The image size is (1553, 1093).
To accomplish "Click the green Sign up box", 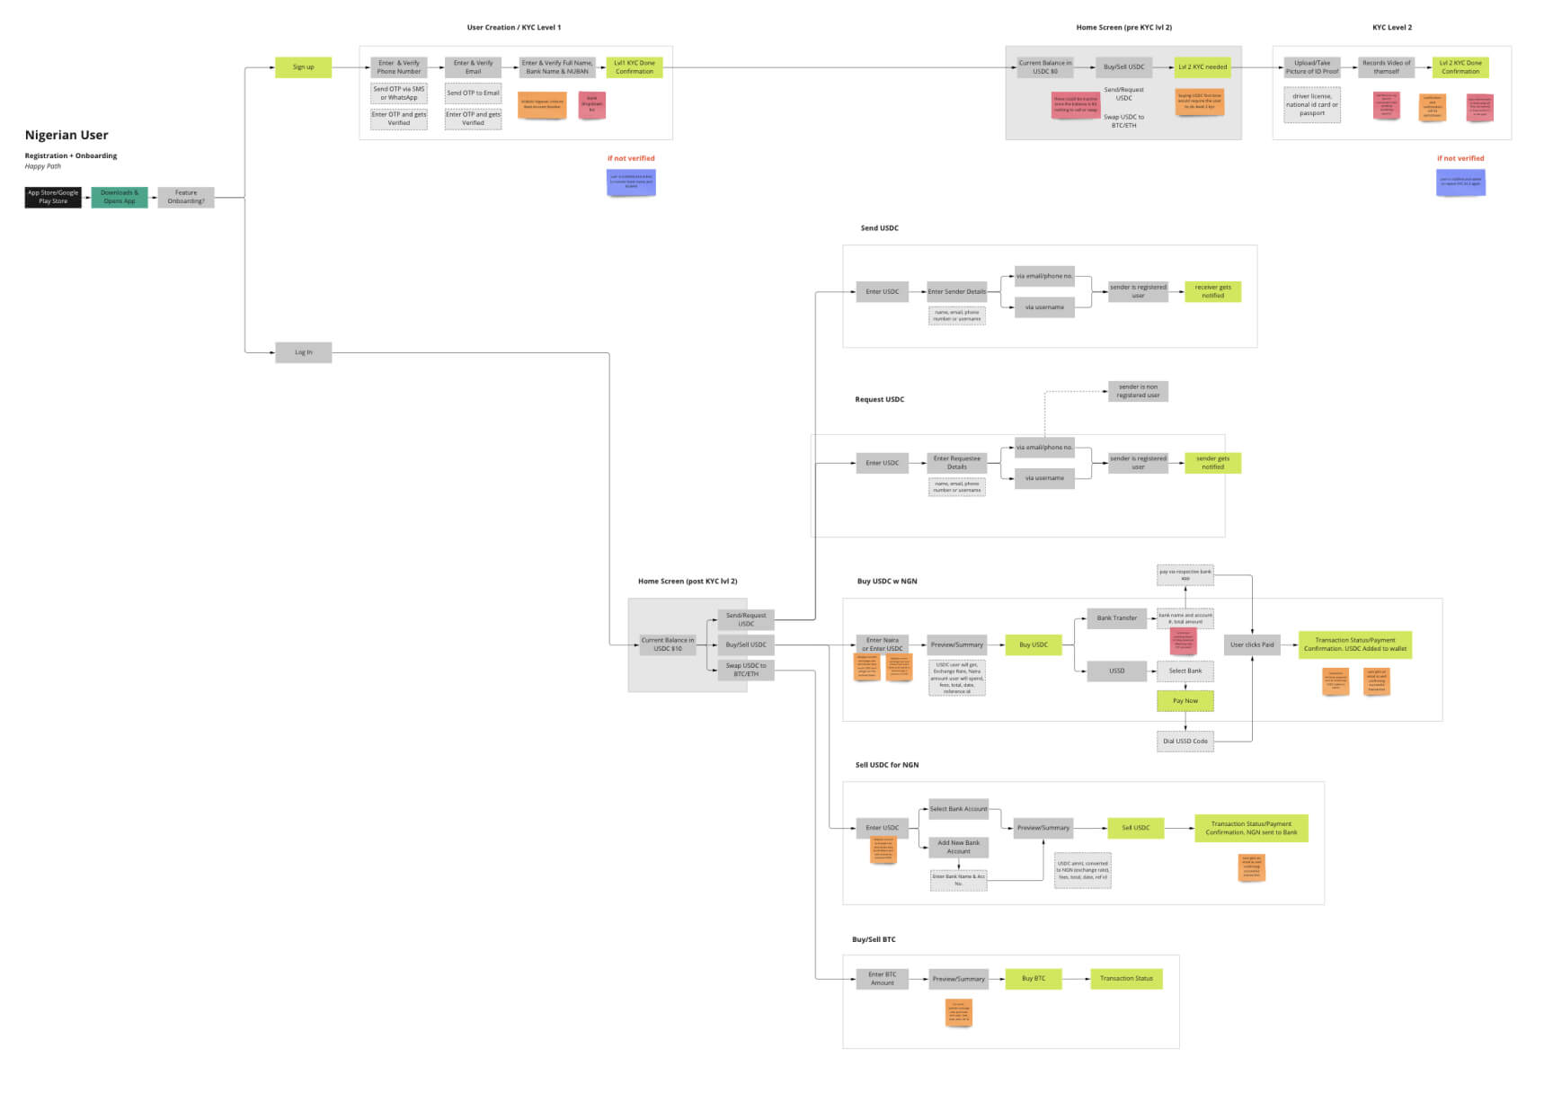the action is (303, 67).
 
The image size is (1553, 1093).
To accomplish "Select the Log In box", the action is (303, 352).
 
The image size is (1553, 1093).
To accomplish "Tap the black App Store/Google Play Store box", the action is (53, 197).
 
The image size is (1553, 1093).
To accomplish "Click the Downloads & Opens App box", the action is (120, 197).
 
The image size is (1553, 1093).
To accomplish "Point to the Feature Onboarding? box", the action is (186, 197).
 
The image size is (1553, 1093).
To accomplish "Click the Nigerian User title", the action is (67, 135).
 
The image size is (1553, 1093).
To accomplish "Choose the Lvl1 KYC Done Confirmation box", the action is (635, 67).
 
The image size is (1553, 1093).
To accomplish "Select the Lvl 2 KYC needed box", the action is (1202, 67).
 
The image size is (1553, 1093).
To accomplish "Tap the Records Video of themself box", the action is (1386, 67).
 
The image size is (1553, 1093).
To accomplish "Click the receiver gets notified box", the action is (1212, 291).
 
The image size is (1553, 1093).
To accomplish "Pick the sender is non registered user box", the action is (1138, 391).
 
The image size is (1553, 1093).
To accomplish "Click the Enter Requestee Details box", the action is (957, 463).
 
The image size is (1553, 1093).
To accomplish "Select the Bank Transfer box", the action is (1116, 618).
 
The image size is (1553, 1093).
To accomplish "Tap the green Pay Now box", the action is (1185, 701).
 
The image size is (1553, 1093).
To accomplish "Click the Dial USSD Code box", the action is (1185, 742).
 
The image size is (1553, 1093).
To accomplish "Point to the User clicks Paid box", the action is (1252, 644).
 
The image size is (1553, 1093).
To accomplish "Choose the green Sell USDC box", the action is (1135, 828).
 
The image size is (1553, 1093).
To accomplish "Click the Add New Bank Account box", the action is (959, 847).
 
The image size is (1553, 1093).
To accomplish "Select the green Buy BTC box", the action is (1034, 979).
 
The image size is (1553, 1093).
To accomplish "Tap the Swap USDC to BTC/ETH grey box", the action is (746, 671).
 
